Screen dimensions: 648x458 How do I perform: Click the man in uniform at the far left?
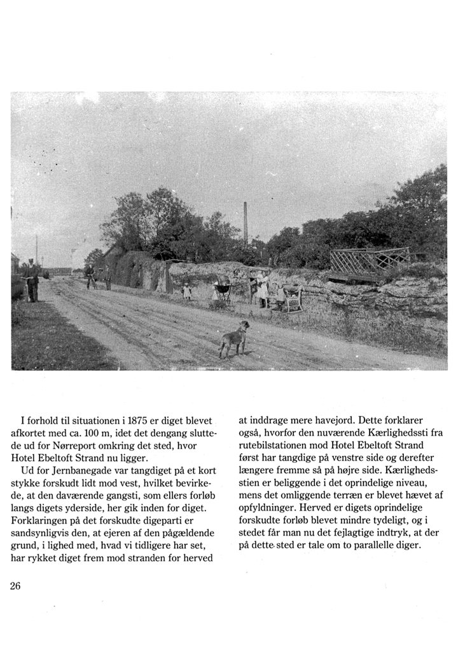31,280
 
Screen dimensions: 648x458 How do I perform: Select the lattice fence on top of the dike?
370,261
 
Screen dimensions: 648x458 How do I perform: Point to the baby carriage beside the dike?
223,289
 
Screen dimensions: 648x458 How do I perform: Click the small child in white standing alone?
187,292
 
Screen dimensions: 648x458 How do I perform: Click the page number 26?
16,586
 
